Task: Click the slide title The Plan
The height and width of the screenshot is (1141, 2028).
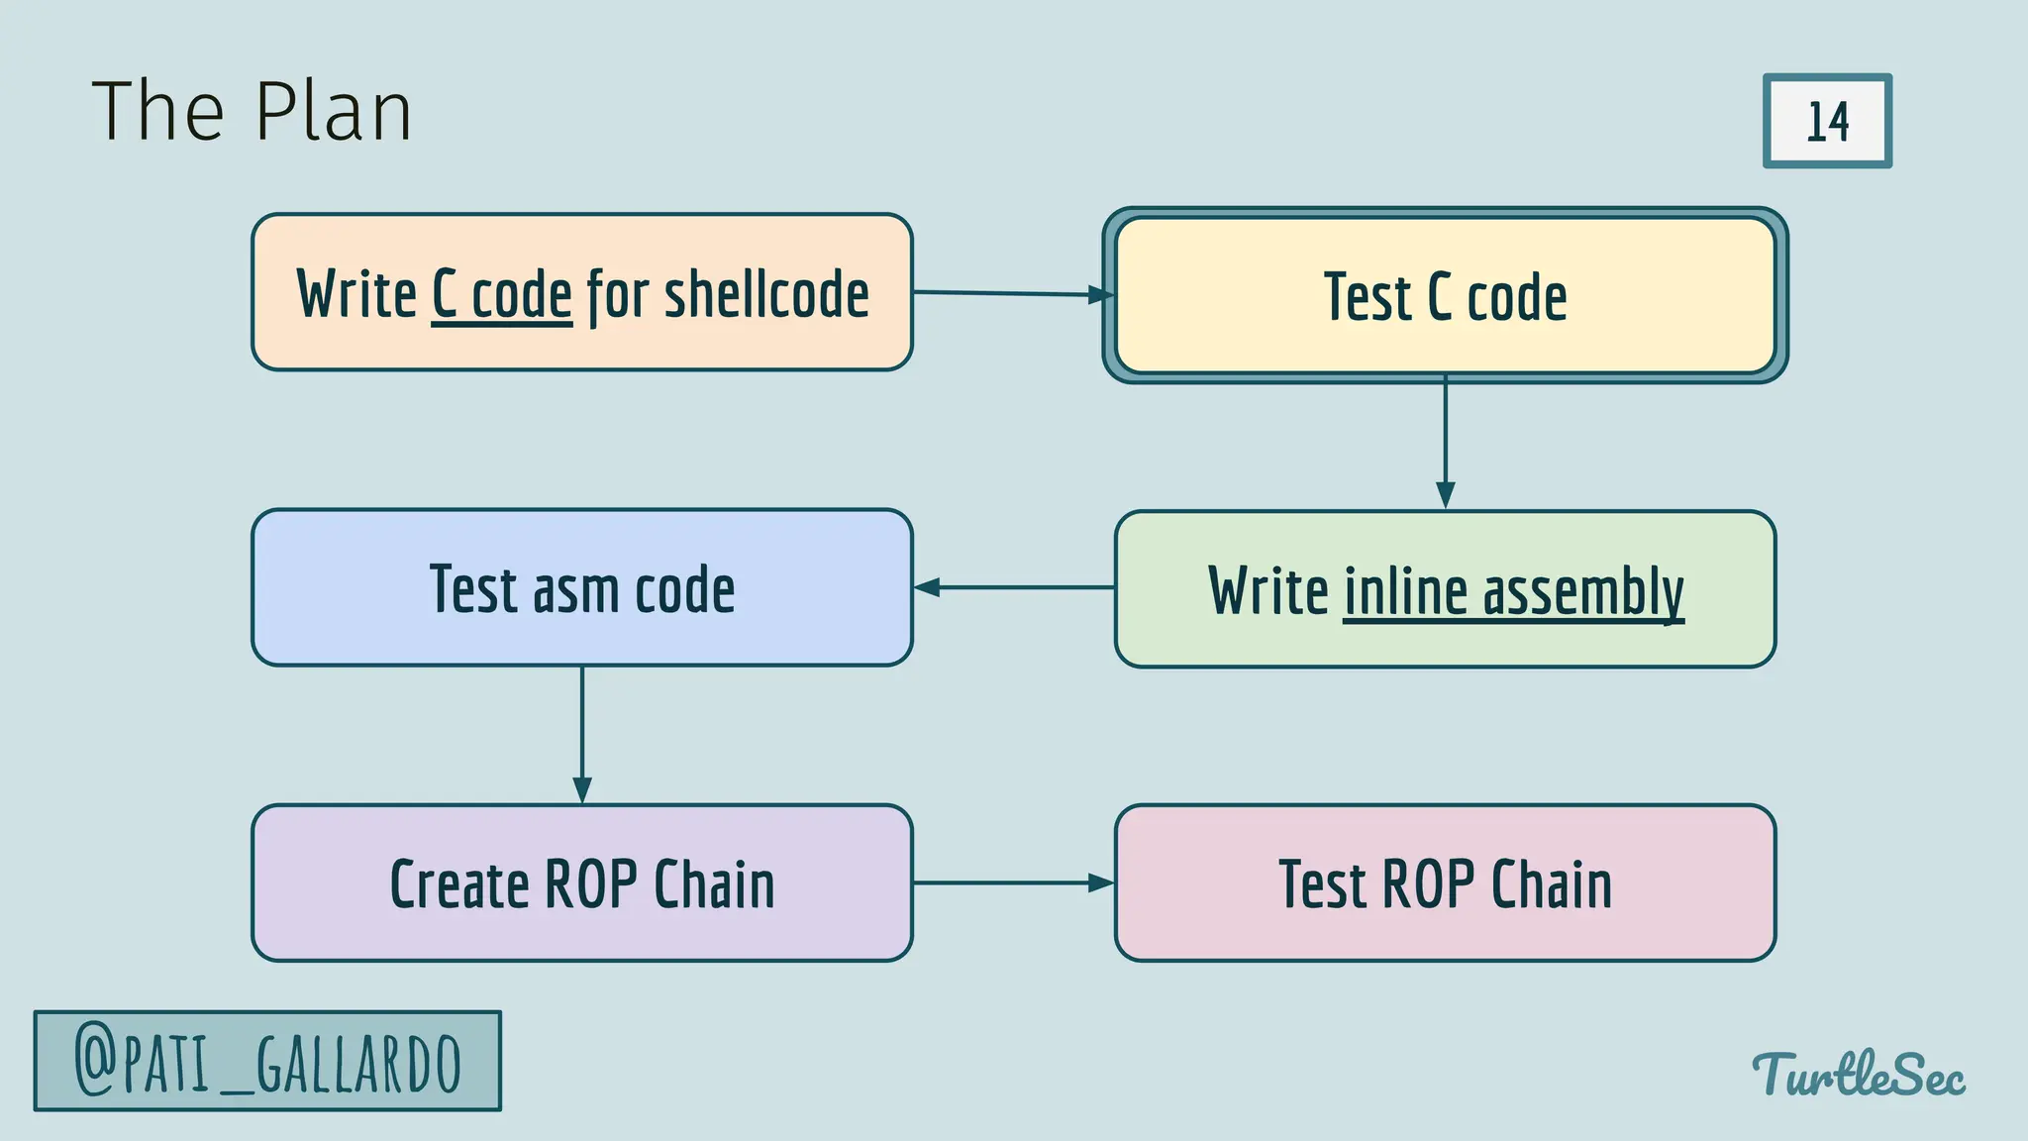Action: pos(252,111)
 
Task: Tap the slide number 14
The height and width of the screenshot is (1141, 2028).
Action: pos(1827,122)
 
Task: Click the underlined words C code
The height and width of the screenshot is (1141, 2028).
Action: pos(502,294)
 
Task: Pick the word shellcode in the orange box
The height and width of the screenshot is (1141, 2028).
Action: pos(766,294)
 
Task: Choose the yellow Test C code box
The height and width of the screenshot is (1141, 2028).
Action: pos(1445,295)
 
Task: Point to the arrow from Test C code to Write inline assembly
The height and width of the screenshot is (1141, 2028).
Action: pos(1445,441)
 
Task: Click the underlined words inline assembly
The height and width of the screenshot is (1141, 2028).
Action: pos(1512,591)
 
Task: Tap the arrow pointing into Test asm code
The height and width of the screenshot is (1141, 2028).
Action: pos(1012,587)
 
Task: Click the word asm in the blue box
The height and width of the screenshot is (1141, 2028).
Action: pos(576,590)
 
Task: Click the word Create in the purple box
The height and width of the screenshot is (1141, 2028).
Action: pos(458,883)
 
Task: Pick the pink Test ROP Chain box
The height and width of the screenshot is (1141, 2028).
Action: pos(1445,883)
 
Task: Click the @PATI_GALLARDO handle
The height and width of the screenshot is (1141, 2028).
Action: pos(267,1062)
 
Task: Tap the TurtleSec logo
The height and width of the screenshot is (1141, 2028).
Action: pos(1859,1075)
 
